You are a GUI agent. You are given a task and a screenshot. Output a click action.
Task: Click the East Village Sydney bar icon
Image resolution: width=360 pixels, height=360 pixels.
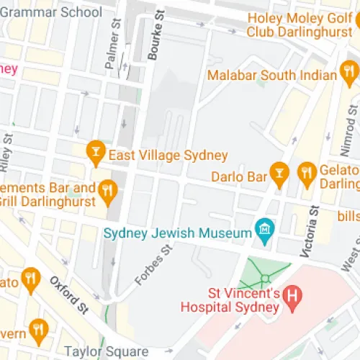pos(94,150)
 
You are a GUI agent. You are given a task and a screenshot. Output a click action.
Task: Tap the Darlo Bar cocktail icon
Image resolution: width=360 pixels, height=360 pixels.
pos(279,171)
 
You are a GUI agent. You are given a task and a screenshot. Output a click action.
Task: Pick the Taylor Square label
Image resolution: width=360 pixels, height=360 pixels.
pos(107,352)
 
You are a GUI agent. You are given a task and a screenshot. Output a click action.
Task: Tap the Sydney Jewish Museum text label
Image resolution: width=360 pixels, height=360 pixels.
pos(177,233)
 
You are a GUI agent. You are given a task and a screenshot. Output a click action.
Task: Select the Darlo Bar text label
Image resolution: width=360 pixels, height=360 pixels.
pos(239,175)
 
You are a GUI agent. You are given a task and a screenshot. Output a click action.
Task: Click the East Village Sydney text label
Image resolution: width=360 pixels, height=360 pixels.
pos(167,155)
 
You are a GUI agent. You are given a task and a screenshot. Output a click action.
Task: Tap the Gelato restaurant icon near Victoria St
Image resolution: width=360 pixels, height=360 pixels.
pos(307,171)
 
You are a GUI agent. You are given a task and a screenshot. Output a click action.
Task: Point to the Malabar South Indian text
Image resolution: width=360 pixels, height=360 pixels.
pos(271,74)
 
